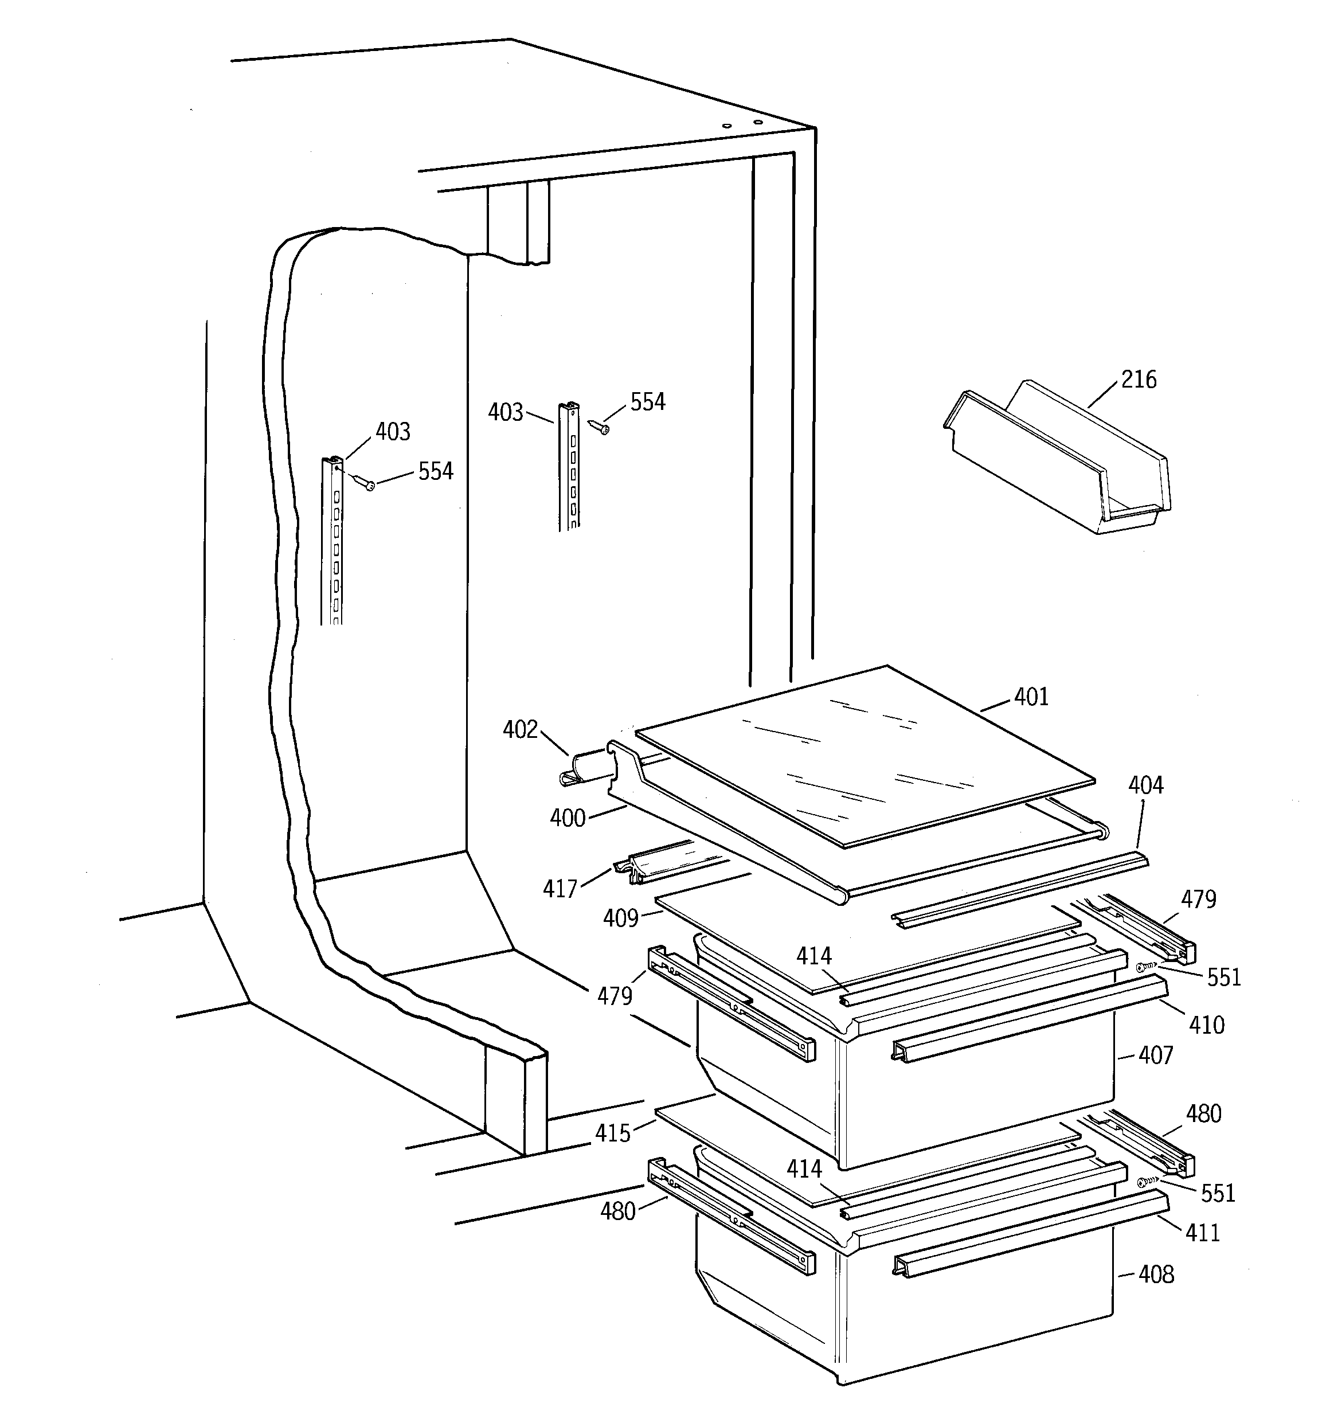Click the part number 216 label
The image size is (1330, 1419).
pos(1138,379)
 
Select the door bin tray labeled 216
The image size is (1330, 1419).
pos(1057,464)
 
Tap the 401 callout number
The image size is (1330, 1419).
pos(1031,697)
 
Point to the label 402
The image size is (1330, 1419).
pos(520,729)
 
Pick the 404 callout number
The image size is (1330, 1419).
pos(1145,785)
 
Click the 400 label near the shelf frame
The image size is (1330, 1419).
pos(568,818)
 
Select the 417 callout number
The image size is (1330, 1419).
pos(560,889)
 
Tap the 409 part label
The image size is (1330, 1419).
pos(620,918)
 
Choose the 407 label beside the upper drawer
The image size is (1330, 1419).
pos(1155,1055)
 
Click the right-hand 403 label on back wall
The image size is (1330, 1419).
pos(506,413)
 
